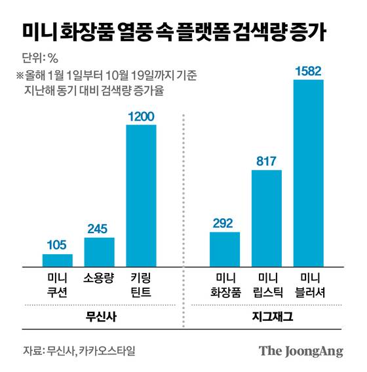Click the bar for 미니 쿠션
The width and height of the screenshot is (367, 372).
58,260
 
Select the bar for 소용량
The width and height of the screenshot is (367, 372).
100,252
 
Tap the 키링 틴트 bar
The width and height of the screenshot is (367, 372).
141,195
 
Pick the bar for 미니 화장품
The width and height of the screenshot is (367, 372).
225,249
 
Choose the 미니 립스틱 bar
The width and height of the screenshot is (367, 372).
266,218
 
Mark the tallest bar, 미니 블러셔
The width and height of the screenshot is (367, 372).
308,173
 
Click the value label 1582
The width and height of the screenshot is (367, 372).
308,70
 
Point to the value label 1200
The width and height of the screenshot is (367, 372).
141,116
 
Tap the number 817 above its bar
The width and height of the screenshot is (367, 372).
266,161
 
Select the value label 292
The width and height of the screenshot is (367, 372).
225,223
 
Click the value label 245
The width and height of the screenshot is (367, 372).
100,229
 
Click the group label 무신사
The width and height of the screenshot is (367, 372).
100,316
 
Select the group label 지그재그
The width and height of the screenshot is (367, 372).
267,316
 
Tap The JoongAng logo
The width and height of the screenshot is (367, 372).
301,350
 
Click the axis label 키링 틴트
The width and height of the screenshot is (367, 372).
141,284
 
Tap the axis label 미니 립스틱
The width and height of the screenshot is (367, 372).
266,284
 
